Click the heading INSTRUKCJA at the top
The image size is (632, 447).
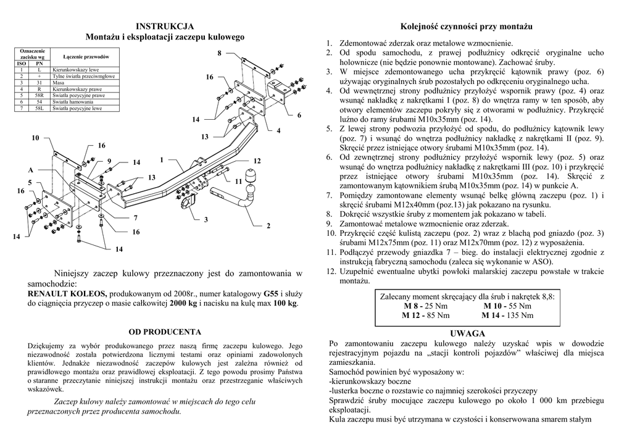tap(165, 27)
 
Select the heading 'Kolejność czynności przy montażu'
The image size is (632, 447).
tap(466, 27)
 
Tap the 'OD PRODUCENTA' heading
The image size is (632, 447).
tap(165, 332)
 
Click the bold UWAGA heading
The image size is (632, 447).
tap(467, 333)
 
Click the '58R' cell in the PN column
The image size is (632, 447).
tap(39, 96)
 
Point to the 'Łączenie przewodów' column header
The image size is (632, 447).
tap(86, 57)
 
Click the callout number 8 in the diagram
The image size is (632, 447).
tap(219, 54)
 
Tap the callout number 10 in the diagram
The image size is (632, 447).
tap(35, 138)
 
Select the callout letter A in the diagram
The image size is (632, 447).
tap(30, 169)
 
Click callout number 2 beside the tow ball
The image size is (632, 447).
tap(268, 227)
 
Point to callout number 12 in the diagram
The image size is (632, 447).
tap(257, 161)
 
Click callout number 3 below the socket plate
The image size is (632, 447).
tap(206, 220)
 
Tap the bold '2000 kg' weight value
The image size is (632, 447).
tap(184, 304)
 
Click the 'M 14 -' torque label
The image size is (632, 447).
tap(495, 315)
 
